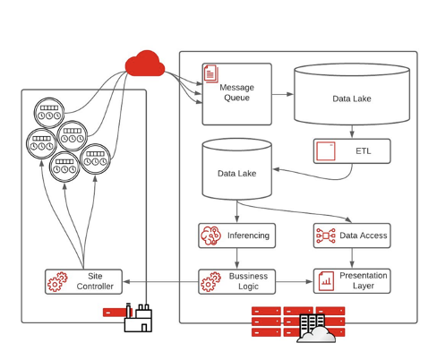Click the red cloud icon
(x=145, y=64)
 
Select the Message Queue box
(x=237, y=94)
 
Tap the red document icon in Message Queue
(x=211, y=73)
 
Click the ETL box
(x=352, y=151)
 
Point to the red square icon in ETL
(x=326, y=151)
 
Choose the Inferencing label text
(x=248, y=236)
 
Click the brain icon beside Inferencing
(x=210, y=236)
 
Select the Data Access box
(x=352, y=236)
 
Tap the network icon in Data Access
(x=326, y=236)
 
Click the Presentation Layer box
(x=352, y=281)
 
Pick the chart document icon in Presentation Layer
(x=326, y=281)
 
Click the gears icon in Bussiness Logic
(x=210, y=281)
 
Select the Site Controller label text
(x=95, y=281)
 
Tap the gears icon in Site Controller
(x=57, y=281)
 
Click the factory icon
(x=138, y=318)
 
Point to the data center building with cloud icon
(x=316, y=329)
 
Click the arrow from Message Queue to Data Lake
(x=283, y=94)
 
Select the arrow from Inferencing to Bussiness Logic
(x=237, y=258)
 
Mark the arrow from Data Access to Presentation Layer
(x=352, y=258)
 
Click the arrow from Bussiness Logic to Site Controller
(x=160, y=281)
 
